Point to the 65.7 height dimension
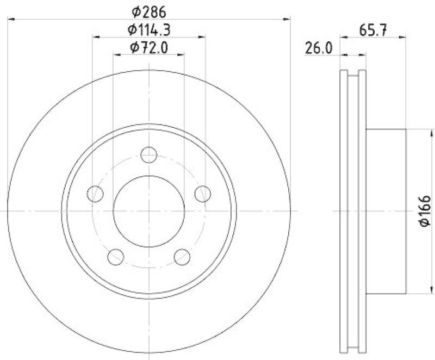click(x=373, y=30)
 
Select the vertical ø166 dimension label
click(x=425, y=211)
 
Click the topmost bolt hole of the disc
click(x=148, y=155)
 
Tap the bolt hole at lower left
click(x=116, y=256)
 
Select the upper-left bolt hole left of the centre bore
click(x=95, y=193)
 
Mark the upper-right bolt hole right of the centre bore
click(x=202, y=193)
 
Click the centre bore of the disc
click(x=148, y=211)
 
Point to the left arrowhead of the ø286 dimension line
click(x=11, y=20)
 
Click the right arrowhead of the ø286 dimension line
click(x=287, y=20)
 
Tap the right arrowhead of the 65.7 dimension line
click(x=403, y=37)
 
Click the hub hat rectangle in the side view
click(x=386, y=211)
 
